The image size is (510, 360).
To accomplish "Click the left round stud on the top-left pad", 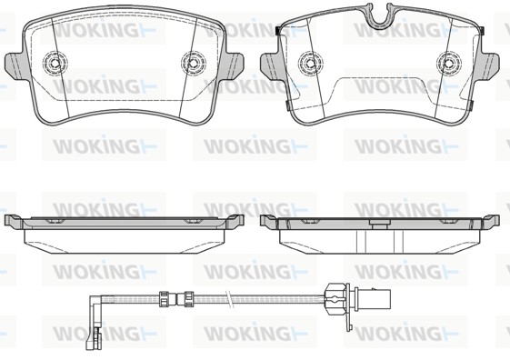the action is pos(55,62).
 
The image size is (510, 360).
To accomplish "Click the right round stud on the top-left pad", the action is pos(194,62).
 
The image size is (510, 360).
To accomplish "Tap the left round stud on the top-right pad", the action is pos(311,62).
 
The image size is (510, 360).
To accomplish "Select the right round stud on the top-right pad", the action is pos(449,62).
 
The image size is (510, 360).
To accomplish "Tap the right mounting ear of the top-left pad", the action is pos(233,65).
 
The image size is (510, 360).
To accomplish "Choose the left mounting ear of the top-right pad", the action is pos(271,65).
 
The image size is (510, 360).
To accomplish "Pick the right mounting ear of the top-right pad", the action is pos(489,65).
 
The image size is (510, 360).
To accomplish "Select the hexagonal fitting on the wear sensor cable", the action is pos(335,299).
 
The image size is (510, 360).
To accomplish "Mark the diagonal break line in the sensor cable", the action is pos(231,298).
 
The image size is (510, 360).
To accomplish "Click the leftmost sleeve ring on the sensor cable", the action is pos(164,299).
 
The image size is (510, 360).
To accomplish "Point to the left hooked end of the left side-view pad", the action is pos(14,221).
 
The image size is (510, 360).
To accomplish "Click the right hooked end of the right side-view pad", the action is pos(491,221).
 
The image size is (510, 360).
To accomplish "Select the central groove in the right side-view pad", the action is pos(380,242).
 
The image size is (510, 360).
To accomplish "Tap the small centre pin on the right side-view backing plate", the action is pos(380,224).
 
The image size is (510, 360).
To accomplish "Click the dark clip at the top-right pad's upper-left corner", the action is pos(278,31).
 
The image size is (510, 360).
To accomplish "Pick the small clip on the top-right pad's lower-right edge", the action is pos(470,105).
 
